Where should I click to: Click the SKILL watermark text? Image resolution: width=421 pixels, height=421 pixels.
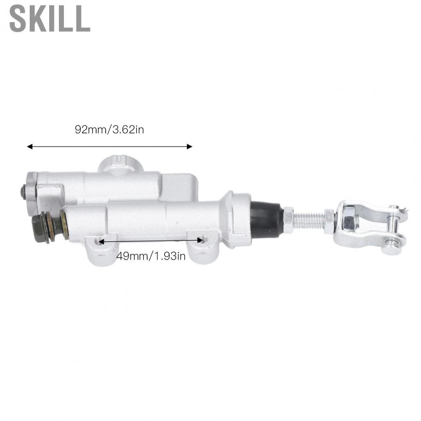(x=50, y=19)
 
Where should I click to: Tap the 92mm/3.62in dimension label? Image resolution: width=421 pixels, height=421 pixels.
(x=109, y=129)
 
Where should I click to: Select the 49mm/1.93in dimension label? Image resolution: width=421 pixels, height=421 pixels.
(x=151, y=256)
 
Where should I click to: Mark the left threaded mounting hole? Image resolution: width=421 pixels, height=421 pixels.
(x=98, y=241)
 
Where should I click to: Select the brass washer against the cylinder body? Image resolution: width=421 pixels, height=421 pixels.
(x=64, y=225)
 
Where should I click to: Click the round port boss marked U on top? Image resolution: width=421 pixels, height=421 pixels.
(x=120, y=163)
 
